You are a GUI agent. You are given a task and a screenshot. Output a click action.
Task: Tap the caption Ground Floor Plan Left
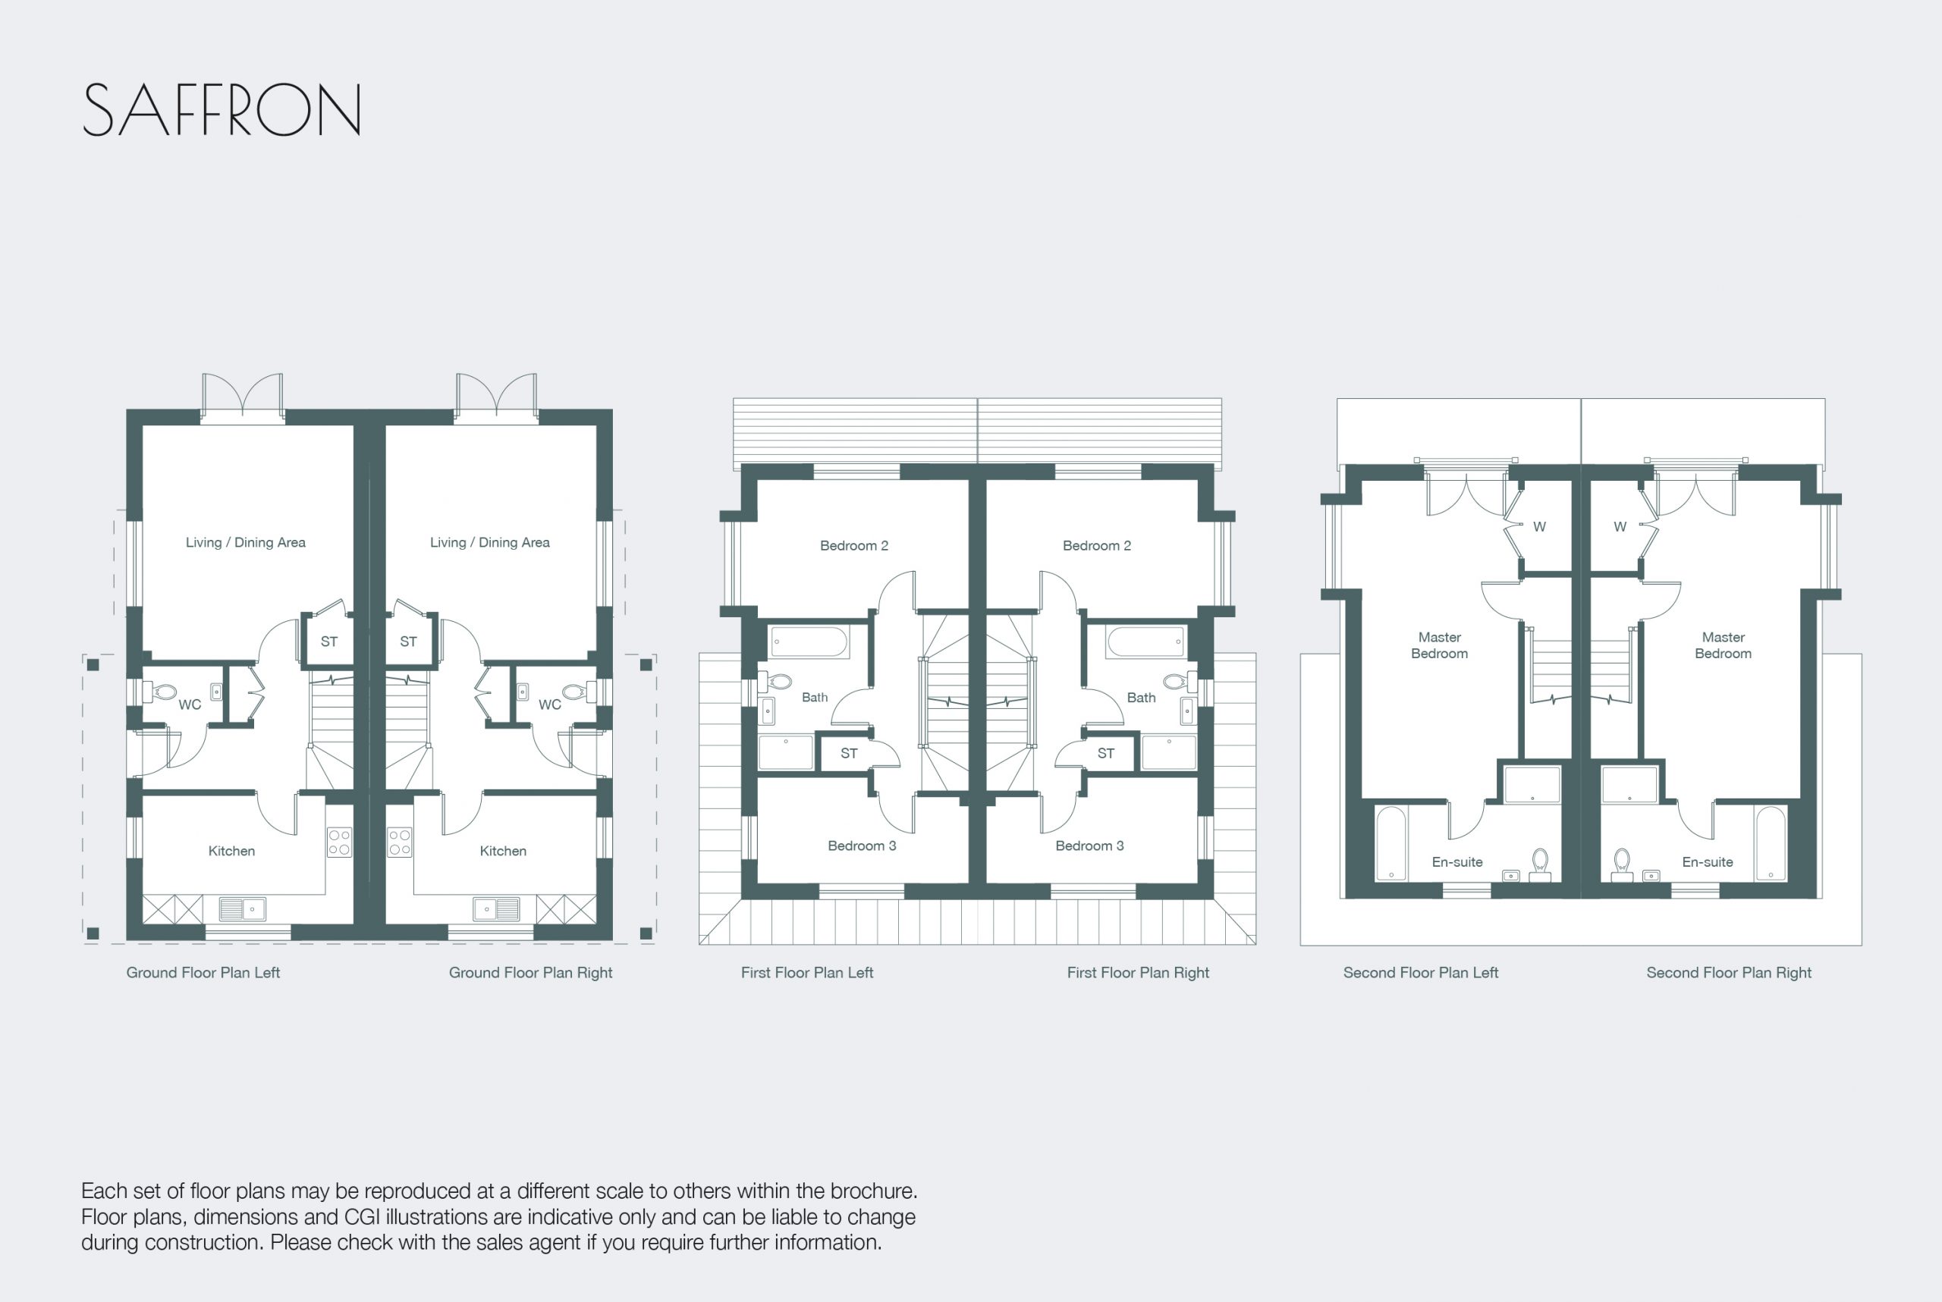(x=203, y=972)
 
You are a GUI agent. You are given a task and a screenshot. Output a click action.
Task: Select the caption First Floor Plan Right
(x=1138, y=972)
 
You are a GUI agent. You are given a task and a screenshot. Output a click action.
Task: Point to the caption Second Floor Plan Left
(x=1420, y=972)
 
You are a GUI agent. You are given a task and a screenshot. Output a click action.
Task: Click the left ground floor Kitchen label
(x=231, y=851)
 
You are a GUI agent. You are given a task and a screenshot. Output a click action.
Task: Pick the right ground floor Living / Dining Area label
(x=490, y=542)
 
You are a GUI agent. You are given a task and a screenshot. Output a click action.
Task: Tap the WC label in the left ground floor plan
(x=190, y=705)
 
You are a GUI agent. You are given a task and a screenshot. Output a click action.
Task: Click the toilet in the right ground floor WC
(x=576, y=691)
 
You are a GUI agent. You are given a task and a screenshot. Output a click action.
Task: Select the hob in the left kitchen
(x=339, y=842)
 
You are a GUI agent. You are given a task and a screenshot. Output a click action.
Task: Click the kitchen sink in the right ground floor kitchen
(x=496, y=909)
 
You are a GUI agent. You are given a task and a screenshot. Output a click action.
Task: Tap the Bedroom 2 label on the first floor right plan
(x=1096, y=545)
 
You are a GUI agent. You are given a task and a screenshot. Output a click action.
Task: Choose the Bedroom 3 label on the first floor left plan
(x=861, y=846)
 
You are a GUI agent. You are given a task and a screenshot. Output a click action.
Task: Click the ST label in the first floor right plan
(x=1105, y=753)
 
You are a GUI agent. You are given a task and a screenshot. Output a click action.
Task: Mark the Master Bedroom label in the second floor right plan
(x=1723, y=645)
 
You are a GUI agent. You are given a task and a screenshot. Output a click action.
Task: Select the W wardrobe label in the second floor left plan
(x=1539, y=526)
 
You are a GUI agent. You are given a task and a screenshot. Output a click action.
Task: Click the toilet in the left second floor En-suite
(x=1540, y=864)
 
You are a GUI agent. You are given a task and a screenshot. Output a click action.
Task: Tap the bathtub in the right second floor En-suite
(x=1771, y=842)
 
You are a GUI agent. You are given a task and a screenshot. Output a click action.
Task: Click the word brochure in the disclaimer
(x=877, y=1191)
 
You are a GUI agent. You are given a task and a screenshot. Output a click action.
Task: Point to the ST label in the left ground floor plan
(x=329, y=641)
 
